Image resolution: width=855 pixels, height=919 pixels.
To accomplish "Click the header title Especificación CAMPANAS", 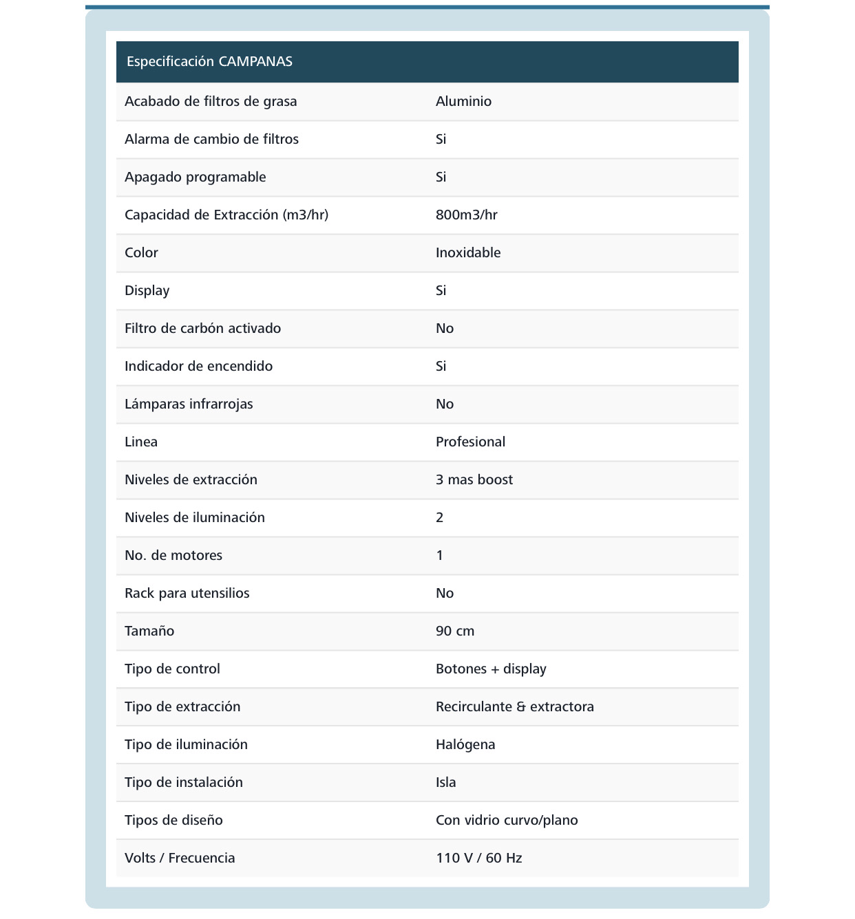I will tap(209, 62).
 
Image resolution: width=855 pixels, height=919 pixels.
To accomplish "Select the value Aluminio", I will tap(463, 102).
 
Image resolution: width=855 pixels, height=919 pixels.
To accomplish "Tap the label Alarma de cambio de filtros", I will tap(211, 140).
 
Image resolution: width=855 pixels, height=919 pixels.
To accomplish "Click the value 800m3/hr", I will tap(466, 215).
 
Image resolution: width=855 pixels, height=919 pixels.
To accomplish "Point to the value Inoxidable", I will tap(468, 253).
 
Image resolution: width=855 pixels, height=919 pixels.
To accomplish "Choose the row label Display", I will tap(147, 291).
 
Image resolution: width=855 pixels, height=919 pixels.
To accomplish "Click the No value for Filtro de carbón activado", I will tap(445, 329).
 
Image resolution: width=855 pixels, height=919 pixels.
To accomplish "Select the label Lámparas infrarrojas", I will tap(189, 404).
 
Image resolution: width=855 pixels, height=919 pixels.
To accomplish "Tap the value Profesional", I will tap(470, 442).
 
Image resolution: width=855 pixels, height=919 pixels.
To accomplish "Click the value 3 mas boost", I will tap(474, 480).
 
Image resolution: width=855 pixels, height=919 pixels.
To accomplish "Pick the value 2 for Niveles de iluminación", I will tap(439, 518).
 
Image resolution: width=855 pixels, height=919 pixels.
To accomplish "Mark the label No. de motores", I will tap(173, 556).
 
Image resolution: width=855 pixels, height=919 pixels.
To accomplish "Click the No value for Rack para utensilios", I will tap(445, 594).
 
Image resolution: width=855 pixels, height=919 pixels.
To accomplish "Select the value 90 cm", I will tap(455, 631).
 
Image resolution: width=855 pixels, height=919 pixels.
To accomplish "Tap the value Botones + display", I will tap(491, 669).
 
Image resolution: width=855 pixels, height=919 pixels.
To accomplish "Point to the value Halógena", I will tap(465, 745).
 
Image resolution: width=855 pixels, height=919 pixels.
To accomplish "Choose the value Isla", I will tap(446, 783).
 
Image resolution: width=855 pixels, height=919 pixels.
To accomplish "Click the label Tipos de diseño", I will tap(173, 821).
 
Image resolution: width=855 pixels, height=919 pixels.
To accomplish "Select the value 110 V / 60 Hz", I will tap(478, 858).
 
